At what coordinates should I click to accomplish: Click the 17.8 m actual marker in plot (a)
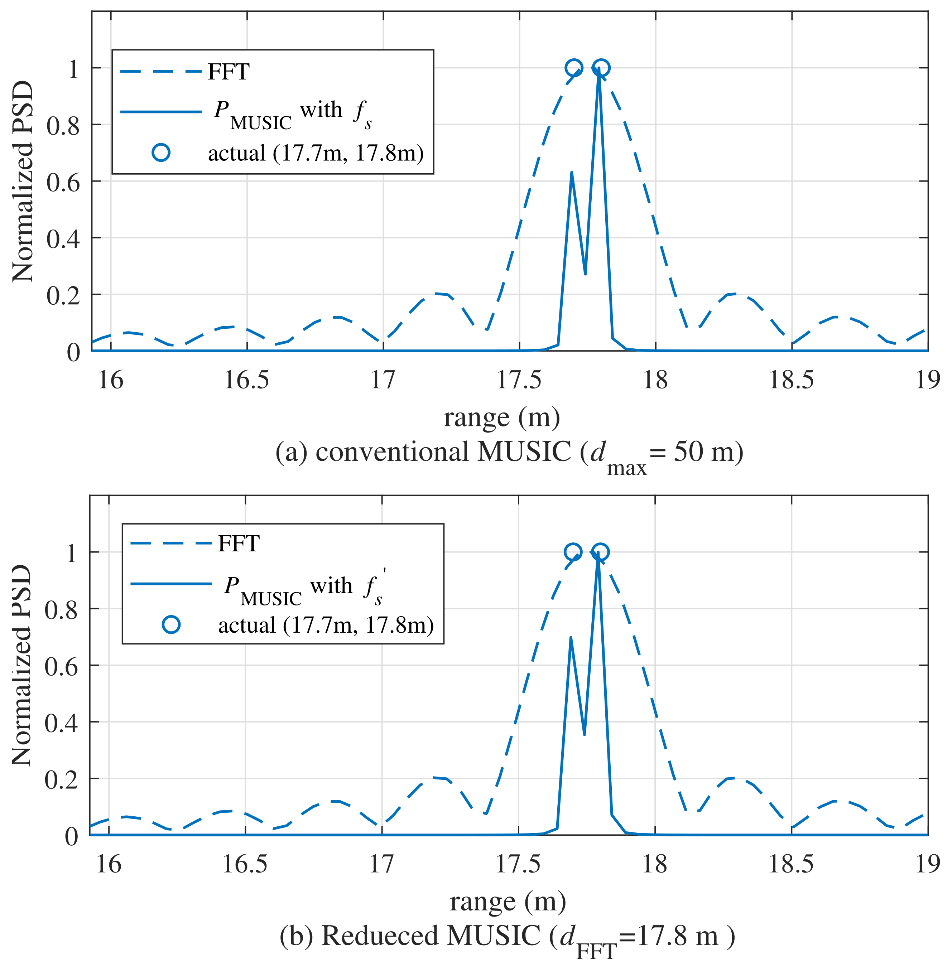[601, 67]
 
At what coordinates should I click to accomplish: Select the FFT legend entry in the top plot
[229, 72]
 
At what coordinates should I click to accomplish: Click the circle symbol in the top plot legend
[161, 153]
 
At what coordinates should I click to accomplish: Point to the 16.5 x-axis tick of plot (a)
[246, 380]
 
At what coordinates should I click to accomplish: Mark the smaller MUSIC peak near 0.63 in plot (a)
[572, 173]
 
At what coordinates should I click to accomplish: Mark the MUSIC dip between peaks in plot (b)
[584, 734]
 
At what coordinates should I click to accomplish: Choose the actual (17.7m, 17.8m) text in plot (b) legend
[326, 625]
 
